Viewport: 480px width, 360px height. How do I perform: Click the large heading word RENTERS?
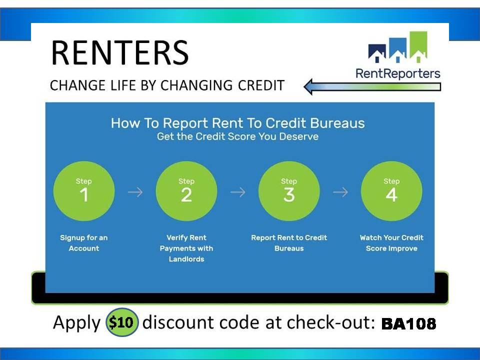pos(120,52)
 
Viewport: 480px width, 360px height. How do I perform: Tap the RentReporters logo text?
pos(397,74)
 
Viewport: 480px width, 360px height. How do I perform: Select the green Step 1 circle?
pos(84,191)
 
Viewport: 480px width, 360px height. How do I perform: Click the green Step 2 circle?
pos(186,191)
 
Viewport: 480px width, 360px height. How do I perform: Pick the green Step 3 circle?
pos(289,191)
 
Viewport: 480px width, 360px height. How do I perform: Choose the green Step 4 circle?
pos(391,191)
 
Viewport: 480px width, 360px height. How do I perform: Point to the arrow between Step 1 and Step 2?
pos(135,192)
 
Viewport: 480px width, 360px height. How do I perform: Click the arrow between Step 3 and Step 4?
pos(340,192)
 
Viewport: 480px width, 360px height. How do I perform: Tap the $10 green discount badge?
pos(122,322)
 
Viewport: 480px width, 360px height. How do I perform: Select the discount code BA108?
pos(408,323)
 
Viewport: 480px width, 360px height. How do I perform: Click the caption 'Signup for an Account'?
pos(84,243)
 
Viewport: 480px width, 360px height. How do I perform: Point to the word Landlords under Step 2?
pos(186,259)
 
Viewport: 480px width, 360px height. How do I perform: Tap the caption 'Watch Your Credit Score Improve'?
pos(391,243)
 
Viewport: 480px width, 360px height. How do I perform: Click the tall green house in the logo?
pos(418,46)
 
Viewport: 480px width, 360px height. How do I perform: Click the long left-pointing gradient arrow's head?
pos(308,86)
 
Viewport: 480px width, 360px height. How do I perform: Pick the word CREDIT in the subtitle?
pos(261,85)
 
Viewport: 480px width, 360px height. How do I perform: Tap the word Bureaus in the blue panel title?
pos(337,123)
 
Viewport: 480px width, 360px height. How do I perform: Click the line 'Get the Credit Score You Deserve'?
pos(238,136)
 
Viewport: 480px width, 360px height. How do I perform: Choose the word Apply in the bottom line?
pos(77,323)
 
